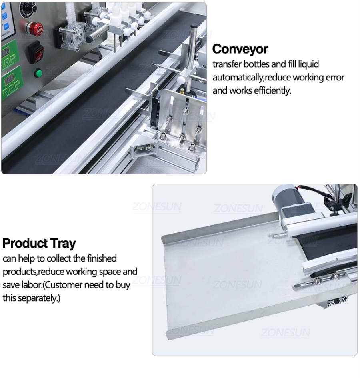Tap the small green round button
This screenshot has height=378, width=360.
click(x=38, y=73)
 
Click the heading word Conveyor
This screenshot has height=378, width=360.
click(x=240, y=49)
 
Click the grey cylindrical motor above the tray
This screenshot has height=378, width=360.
click(x=285, y=199)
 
